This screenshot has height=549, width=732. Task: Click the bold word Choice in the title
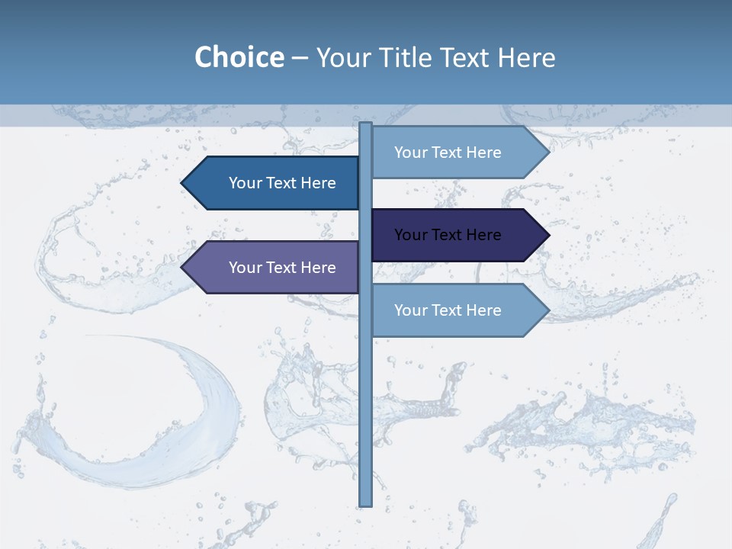click(239, 57)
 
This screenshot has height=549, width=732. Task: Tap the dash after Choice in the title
click(300, 58)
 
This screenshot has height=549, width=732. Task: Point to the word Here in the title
click(526, 57)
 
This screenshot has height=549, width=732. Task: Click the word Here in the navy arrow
click(483, 235)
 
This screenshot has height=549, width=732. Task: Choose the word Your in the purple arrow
click(245, 268)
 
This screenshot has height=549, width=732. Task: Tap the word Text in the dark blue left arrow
click(282, 183)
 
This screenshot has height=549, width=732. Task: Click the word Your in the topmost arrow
click(410, 152)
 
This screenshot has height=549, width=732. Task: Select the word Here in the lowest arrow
click(483, 310)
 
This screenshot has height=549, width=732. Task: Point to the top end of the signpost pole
click(365, 124)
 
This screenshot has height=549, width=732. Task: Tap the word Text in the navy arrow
click(448, 235)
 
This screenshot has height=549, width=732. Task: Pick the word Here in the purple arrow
click(318, 268)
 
